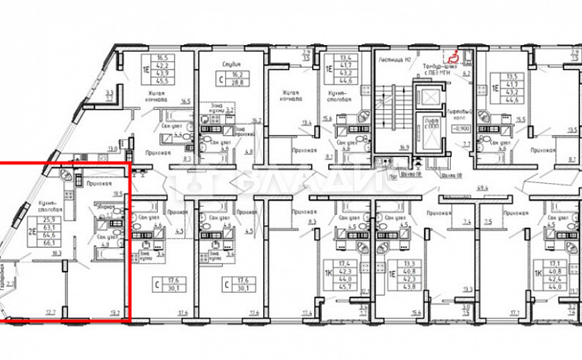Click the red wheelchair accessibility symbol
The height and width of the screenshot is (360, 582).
(452, 55)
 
